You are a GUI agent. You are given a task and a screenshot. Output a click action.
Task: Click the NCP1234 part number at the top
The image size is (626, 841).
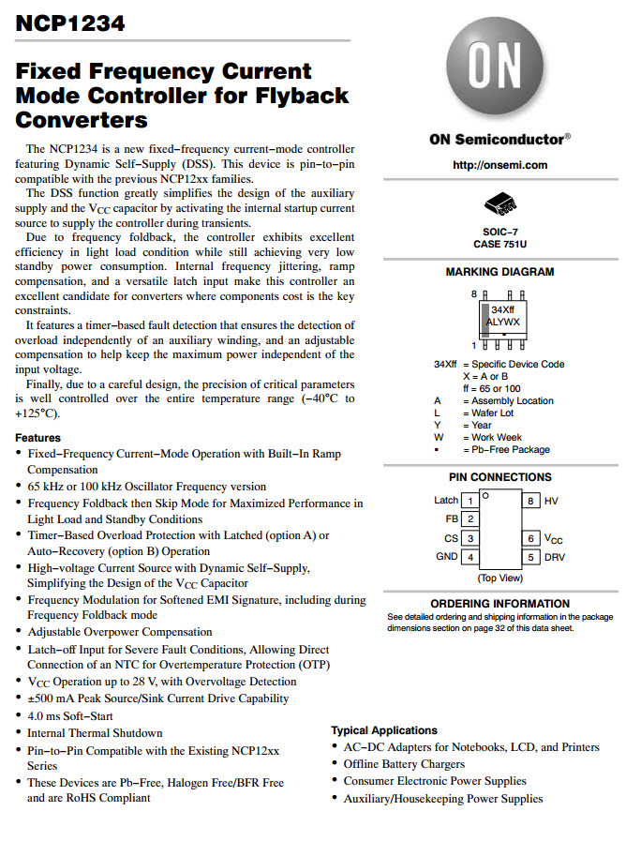pyautogui.click(x=70, y=23)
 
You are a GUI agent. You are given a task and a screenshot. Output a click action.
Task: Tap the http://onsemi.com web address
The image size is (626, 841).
pyautogui.click(x=499, y=165)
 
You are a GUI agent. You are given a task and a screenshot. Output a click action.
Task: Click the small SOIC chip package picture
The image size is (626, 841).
pyautogui.click(x=499, y=203)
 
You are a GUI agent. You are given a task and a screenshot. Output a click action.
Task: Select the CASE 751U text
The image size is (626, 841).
pyautogui.click(x=499, y=244)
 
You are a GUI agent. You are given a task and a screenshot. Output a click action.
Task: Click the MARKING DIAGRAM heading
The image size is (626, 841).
pyautogui.click(x=499, y=272)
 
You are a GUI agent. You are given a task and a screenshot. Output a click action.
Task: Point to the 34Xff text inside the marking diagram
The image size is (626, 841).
pyautogui.click(x=503, y=309)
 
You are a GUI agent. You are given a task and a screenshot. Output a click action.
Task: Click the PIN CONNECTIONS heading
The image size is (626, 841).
pyautogui.click(x=499, y=477)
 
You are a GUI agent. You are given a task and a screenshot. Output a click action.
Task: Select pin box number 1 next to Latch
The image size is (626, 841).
pyautogui.click(x=471, y=502)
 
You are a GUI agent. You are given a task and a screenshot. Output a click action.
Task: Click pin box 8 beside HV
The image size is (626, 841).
pyautogui.click(x=529, y=502)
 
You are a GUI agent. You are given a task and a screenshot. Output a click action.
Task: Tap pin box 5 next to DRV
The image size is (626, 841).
pyautogui.click(x=529, y=557)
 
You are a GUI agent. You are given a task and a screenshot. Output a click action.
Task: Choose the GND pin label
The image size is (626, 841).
pyautogui.click(x=446, y=557)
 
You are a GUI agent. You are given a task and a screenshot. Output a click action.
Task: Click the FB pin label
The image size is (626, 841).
pyautogui.click(x=451, y=518)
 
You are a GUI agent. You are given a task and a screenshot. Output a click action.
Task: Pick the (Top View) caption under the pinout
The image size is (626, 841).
pyautogui.click(x=499, y=578)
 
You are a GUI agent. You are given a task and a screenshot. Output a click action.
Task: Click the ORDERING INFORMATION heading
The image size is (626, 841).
pyautogui.click(x=499, y=604)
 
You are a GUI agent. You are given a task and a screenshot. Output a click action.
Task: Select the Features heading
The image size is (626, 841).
pyautogui.click(x=37, y=438)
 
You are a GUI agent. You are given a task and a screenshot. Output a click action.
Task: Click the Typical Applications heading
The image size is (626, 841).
pyautogui.click(x=384, y=730)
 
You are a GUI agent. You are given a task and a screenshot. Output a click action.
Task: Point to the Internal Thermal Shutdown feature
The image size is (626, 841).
pyautogui.click(x=95, y=733)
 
